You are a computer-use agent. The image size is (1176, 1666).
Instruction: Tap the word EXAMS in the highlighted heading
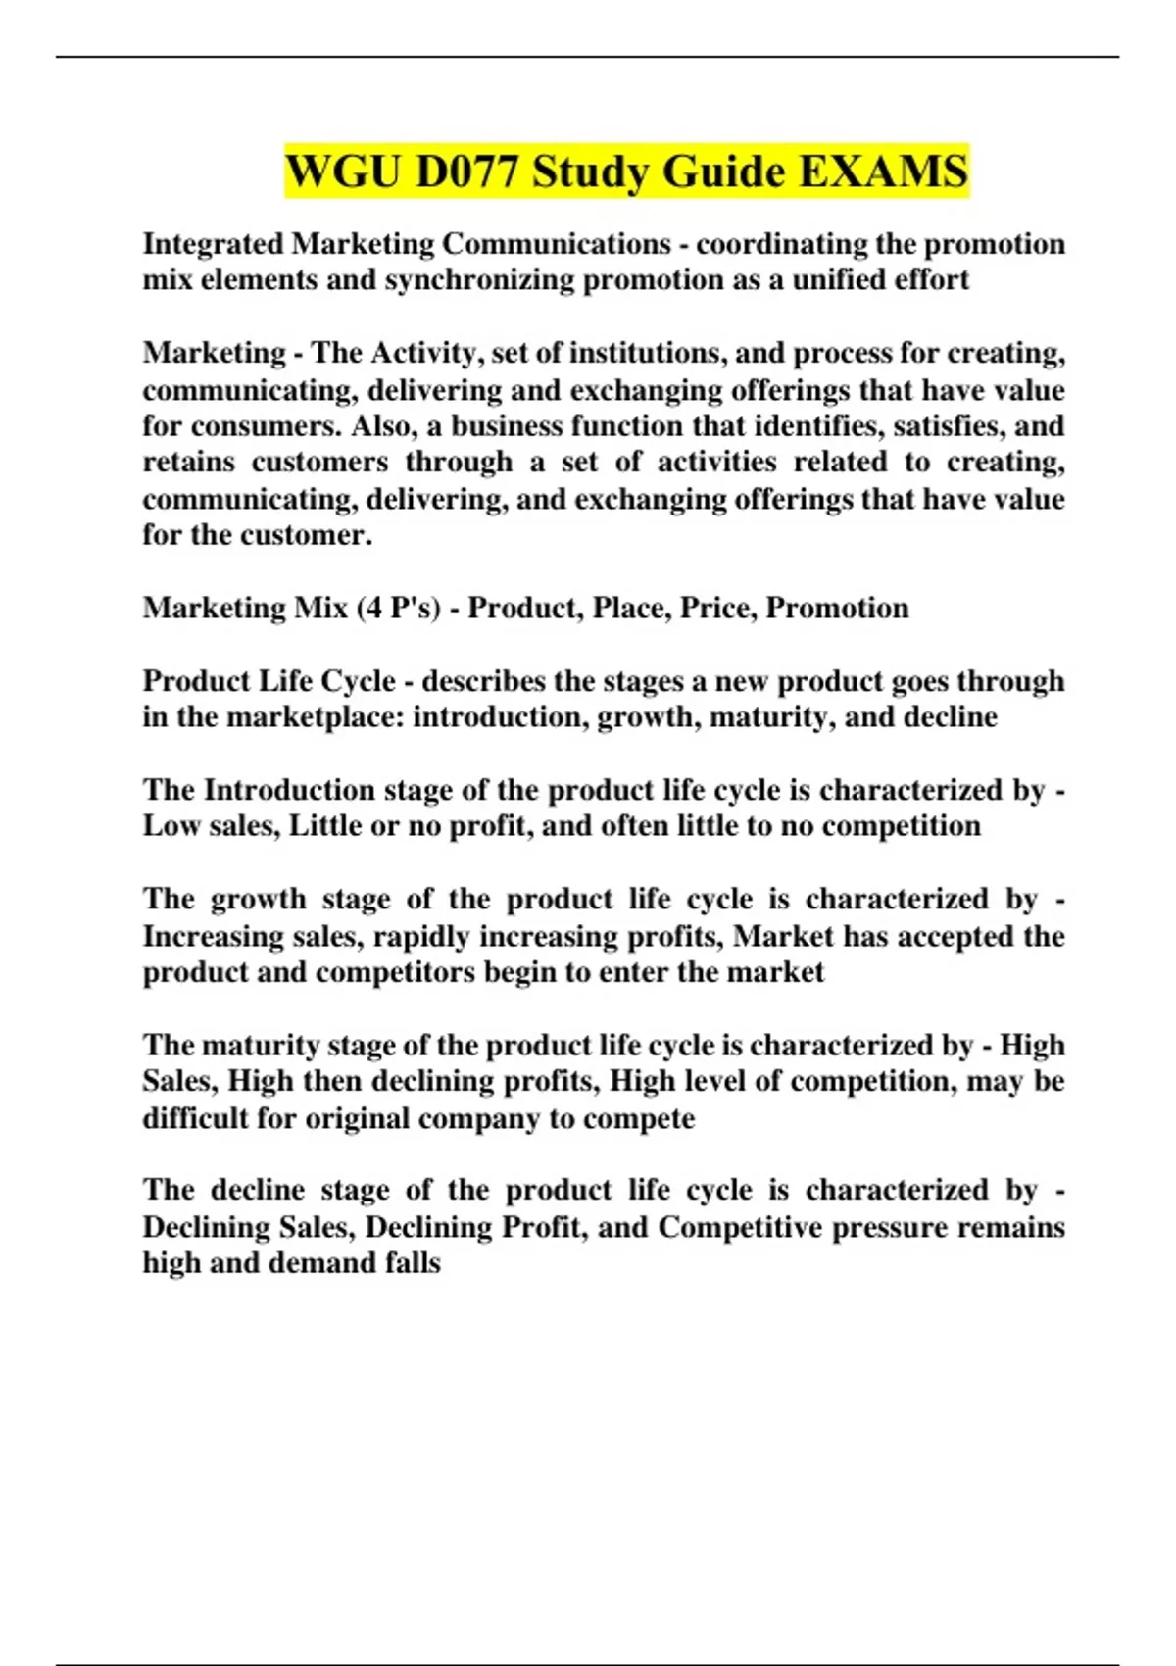coord(884,171)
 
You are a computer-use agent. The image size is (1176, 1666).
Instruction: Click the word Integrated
coord(213,244)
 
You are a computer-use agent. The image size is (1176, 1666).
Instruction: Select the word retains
coord(188,462)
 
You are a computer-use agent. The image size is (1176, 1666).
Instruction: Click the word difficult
coord(195,1118)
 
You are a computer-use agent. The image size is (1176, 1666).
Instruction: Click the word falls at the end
coord(413,1263)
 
